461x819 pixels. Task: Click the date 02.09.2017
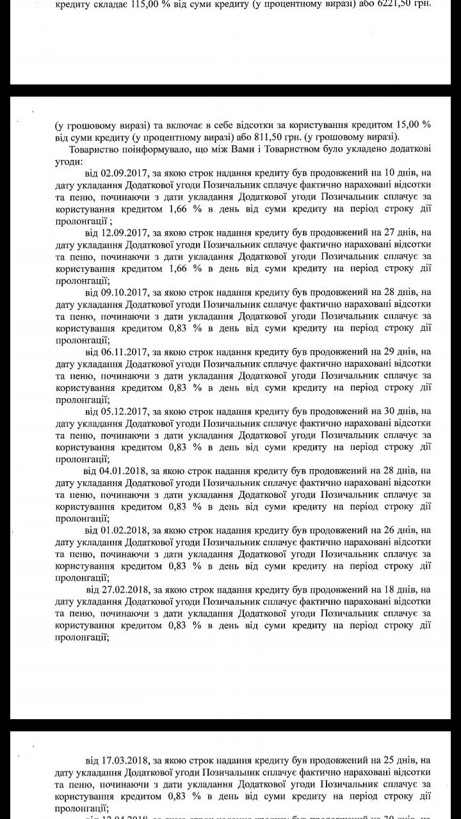[x=124, y=173]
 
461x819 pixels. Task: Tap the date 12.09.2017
[x=124, y=232]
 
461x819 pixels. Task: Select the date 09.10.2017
[x=124, y=292]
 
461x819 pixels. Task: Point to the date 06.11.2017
[x=124, y=351]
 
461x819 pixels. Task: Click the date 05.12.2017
[x=124, y=411]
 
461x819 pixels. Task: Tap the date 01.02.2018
[x=124, y=530]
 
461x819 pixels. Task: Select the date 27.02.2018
[x=125, y=589]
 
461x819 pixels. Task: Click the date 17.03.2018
[x=124, y=761]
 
